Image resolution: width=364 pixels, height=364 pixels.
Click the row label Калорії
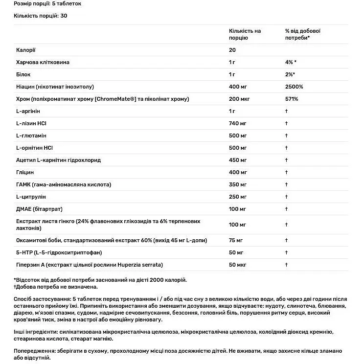pyautogui.click(x=25, y=50)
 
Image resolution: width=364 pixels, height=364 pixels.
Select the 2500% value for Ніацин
pyautogui.click(x=294, y=87)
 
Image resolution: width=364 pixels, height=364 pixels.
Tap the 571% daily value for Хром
pyautogui.click(x=292, y=99)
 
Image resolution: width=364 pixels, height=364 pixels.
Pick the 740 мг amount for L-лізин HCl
pyautogui.click(x=237, y=123)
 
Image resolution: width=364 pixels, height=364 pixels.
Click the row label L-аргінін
pyautogui.click(x=27, y=111)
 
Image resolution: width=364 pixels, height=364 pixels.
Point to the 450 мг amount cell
pyautogui.click(x=237, y=160)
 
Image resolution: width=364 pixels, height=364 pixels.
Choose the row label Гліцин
pyautogui.click(x=25, y=172)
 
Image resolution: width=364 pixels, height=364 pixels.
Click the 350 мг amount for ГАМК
pyautogui.click(x=237, y=184)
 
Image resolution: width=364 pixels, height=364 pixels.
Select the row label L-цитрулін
pyautogui.click(x=30, y=197)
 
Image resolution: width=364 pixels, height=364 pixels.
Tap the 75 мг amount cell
pyautogui.click(x=235, y=240)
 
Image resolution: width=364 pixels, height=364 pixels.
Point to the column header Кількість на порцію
pyautogui.click(x=245, y=34)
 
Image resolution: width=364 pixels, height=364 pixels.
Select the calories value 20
pyautogui.click(x=232, y=50)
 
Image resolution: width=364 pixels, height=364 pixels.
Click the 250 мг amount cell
pyautogui.click(x=237, y=197)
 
